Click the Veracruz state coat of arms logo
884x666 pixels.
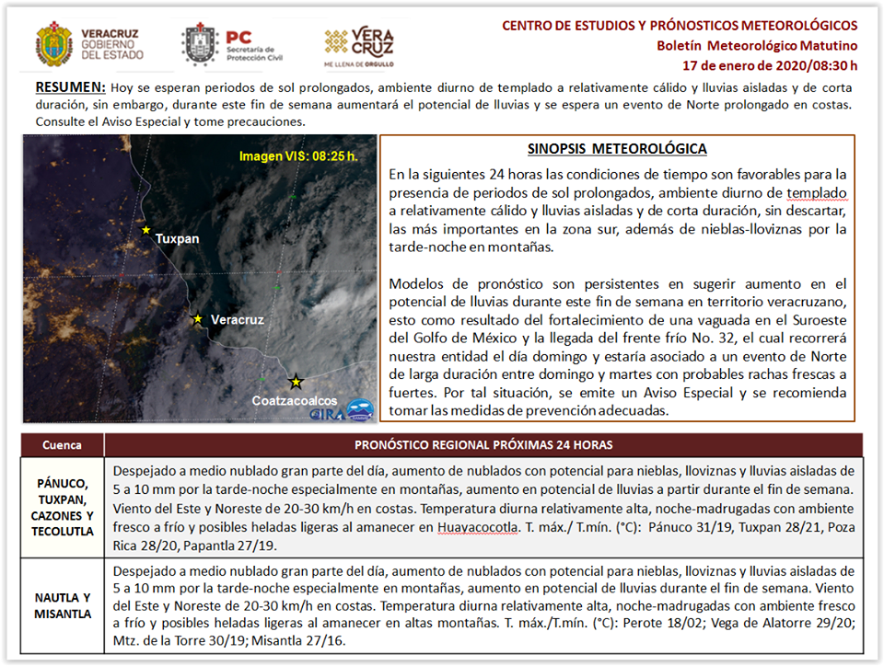pyautogui.click(x=53, y=46)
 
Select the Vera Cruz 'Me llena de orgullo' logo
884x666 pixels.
pyautogui.click(x=359, y=46)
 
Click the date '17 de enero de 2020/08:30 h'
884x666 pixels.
pyautogui.click(x=770, y=65)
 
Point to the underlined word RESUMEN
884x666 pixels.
pyautogui.click(x=70, y=88)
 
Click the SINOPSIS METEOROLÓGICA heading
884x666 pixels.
pyautogui.click(x=617, y=149)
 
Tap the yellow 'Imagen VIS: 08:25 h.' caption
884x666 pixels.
pyautogui.click(x=297, y=156)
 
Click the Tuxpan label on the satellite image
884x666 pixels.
pyautogui.click(x=177, y=238)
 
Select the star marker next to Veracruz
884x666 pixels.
pyautogui.click(x=196, y=319)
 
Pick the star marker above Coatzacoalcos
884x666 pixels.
pyautogui.click(x=295, y=381)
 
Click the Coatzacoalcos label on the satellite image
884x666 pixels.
pyautogui.click(x=295, y=402)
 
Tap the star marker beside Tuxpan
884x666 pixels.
pyautogui.click(x=145, y=230)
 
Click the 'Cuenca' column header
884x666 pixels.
pyautogui.click(x=62, y=445)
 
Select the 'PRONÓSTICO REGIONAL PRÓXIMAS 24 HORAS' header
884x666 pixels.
pyautogui.click(x=483, y=445)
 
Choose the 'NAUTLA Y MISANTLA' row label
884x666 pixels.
pyautogui.click(x=62, y=606)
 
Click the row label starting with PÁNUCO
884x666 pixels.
pyautogui.click(x=62, y=507)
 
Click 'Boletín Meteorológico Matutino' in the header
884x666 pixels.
pyautogui.click(x=757, y=46)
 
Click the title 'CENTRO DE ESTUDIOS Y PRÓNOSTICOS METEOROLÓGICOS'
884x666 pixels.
pyautogui.click(x=680, y=26)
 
